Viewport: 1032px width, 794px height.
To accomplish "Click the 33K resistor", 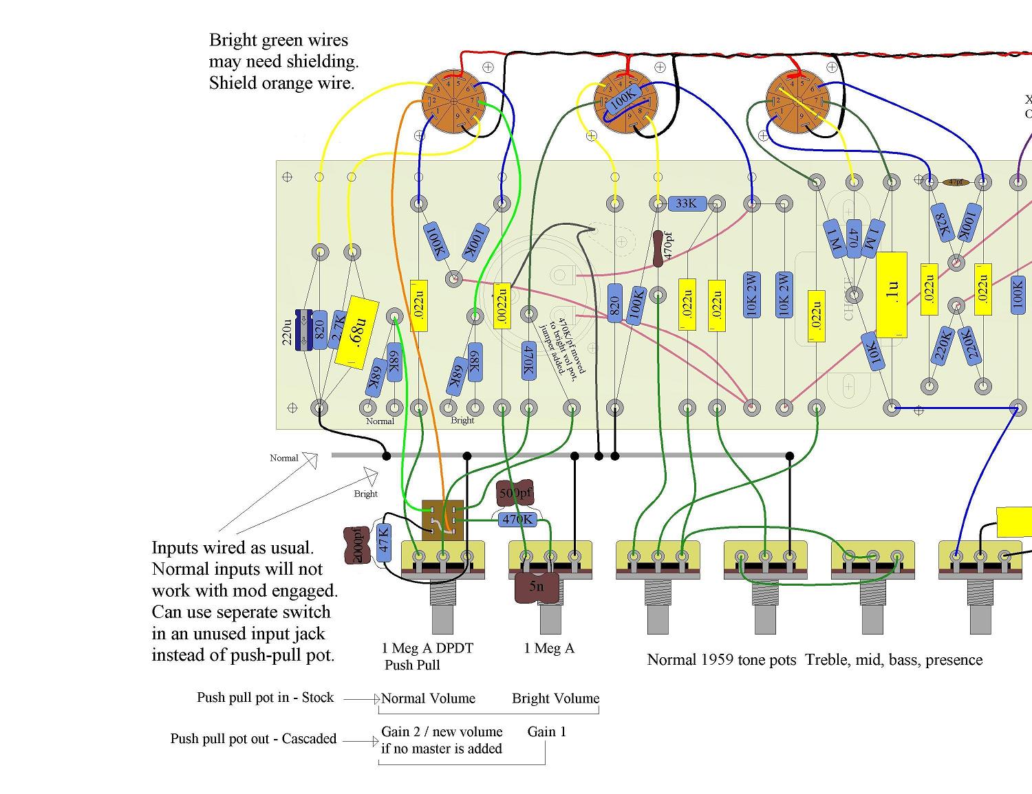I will pos(686,203).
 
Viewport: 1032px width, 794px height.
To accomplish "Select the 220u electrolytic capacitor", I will pos(303,331).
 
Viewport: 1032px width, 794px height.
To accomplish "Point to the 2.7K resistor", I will pos(339,330).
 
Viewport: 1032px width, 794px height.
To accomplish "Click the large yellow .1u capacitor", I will pos(892,295).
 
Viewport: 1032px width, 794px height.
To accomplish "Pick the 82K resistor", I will pos(942,222).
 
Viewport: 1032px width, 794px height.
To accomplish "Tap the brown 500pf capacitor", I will pos(515,493).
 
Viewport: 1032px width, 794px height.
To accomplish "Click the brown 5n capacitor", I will pos(537,586).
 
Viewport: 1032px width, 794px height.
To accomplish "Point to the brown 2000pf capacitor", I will pos(356,545).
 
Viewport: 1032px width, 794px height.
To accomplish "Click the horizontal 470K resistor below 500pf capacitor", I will pos(517,520).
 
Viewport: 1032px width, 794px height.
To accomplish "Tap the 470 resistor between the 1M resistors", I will pos(853,238).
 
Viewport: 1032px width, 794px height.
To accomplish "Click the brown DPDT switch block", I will pos(442,520).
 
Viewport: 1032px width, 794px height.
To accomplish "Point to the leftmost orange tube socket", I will pos(453,102).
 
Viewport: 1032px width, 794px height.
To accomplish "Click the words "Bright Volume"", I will pos(555,698).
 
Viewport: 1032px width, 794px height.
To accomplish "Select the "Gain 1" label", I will pos(546,731).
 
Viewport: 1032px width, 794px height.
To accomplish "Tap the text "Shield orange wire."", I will pos(281,83).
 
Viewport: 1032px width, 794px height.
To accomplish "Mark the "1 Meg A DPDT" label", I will pos(427,648).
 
